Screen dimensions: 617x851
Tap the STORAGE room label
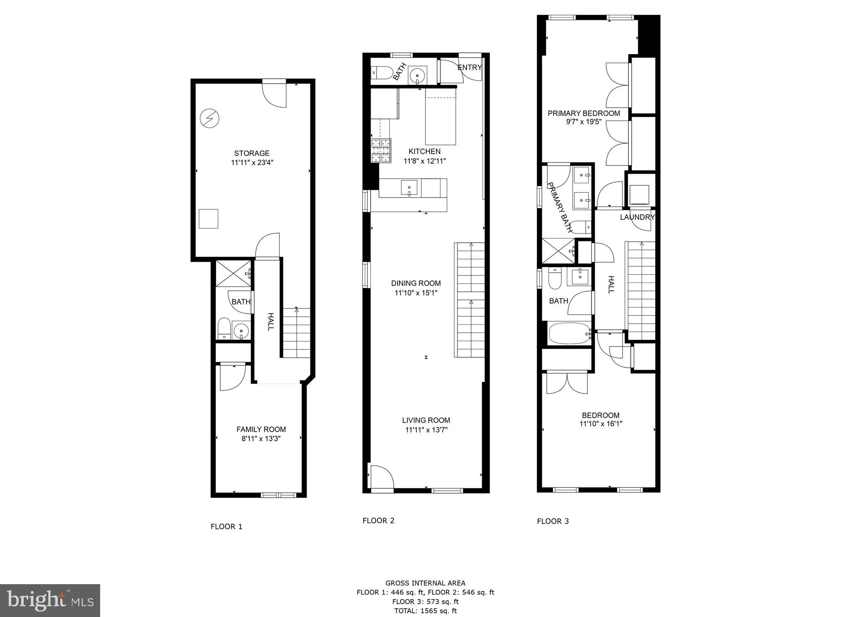click(x=252, y=153)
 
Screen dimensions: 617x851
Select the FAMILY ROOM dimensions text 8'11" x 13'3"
click(x=261, y=439)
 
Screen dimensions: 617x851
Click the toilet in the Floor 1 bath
click(x=224, y=329)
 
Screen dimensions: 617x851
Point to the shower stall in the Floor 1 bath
click(x=234, y=273)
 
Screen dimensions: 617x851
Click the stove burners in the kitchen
click(x=381, y=150)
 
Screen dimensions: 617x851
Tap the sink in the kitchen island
click(x=409, y=188)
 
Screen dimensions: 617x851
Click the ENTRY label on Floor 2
click(x=470, y=67)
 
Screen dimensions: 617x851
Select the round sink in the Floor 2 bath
click(x=417, y=76)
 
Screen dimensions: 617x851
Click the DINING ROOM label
click(x=416, y=283)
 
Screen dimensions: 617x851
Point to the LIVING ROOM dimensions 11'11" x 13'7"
click(x=426, y=430)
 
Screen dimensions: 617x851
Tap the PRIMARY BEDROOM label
click(x=583, y=113)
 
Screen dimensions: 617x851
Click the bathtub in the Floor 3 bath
click(x=569, y=333)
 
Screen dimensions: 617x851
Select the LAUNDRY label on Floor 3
click(x=637, y=217)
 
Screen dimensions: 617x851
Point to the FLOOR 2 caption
click(x=378, y=521)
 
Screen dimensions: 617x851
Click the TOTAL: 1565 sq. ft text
click(x=425, y=611)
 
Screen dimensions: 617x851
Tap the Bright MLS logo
click(x=50, y=600)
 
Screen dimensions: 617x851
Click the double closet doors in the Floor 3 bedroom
click(x=567, y=383)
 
